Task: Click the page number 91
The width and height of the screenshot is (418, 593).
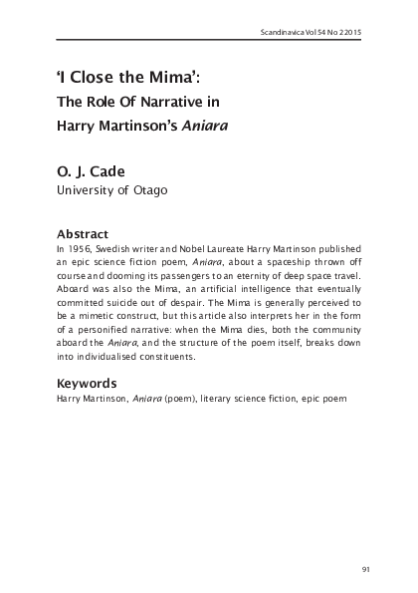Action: (x=365, y=569)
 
